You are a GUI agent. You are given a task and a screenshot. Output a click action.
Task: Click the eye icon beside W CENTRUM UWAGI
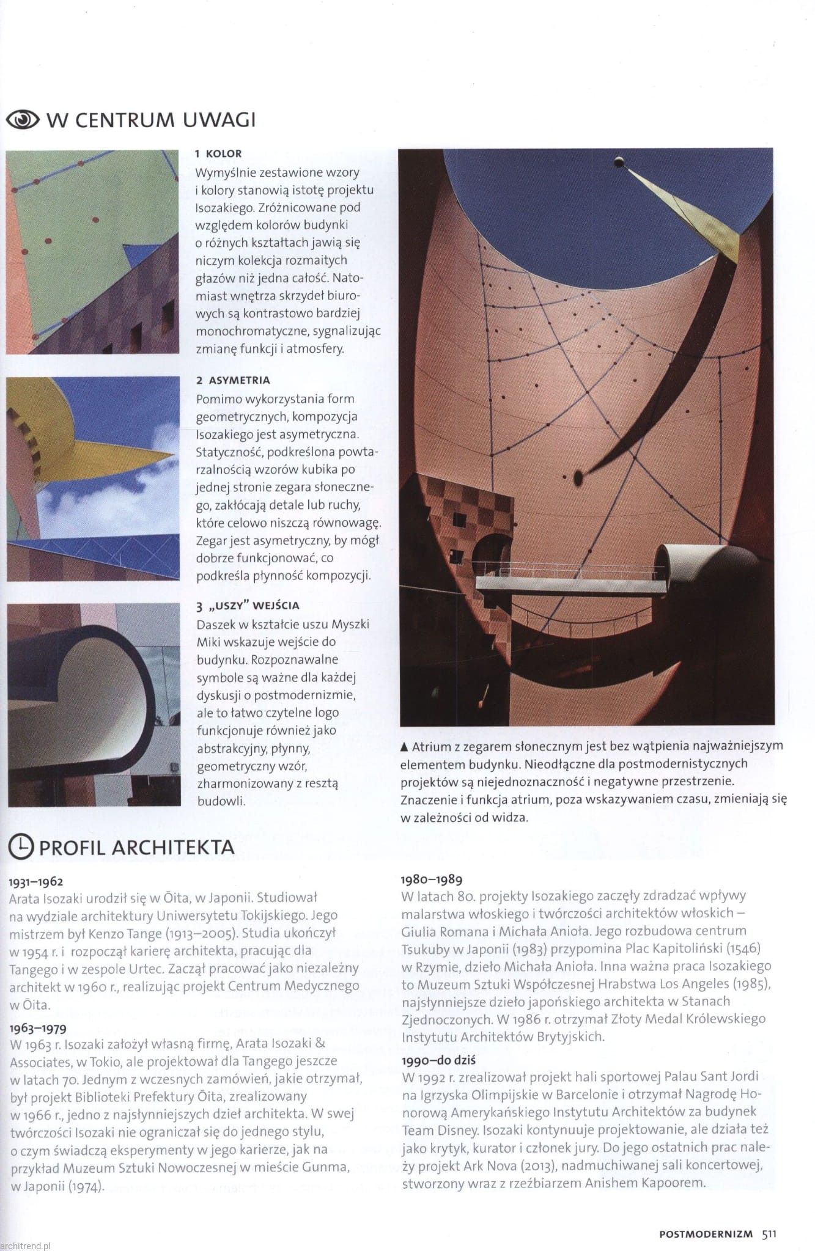coord(23,120)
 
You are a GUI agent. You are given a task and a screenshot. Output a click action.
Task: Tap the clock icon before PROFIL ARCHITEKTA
coord(20,846)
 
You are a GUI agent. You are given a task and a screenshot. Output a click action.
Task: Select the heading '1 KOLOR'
coord(218,154)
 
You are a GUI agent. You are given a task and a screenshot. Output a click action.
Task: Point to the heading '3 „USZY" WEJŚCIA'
coord(248,606)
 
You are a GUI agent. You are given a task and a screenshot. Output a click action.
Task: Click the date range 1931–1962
coord(36,882)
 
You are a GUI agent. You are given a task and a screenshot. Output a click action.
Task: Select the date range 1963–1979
coord(38,1028)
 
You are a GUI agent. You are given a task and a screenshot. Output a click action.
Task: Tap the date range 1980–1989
coord(431,879)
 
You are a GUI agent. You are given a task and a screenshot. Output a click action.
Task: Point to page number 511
coord(769,1233)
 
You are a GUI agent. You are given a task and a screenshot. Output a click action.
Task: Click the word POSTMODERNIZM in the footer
coord(706,1234)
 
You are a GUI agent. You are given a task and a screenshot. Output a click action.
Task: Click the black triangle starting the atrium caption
coord(404,746)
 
